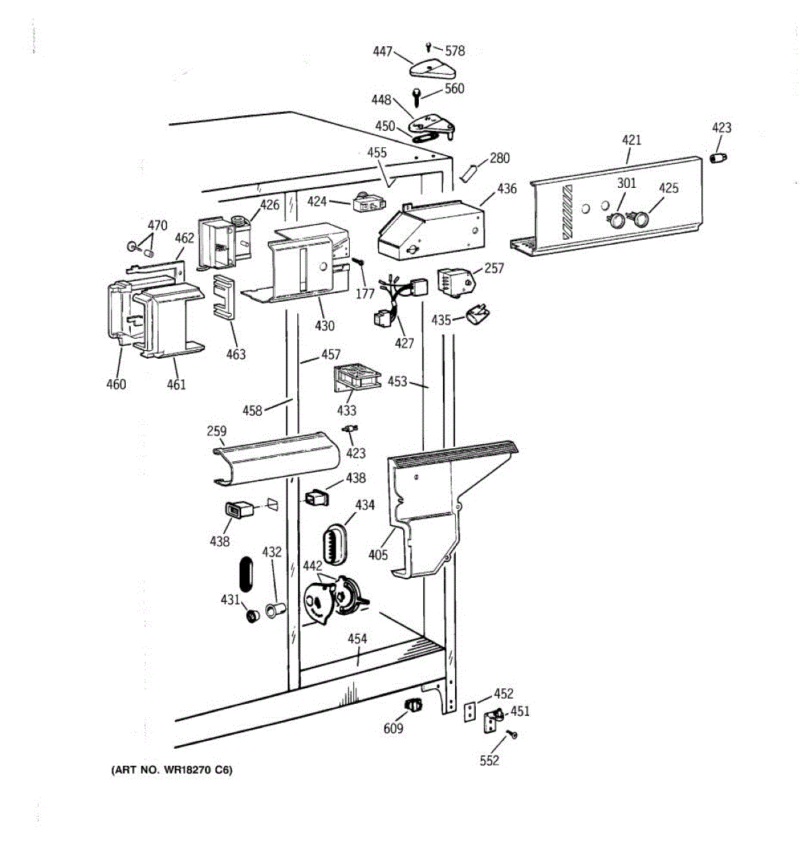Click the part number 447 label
tap(383, 51)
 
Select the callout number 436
tap(507, 189)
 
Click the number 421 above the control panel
tap(631, 139)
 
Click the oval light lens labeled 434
tap(336, 546)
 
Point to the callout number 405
tap(378, 554)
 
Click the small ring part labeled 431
tap(250, 615)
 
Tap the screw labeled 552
tap(511, 734)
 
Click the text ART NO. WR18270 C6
tap(171, 770)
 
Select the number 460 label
tap(116, 384)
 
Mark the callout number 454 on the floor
tap(357, 638)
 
